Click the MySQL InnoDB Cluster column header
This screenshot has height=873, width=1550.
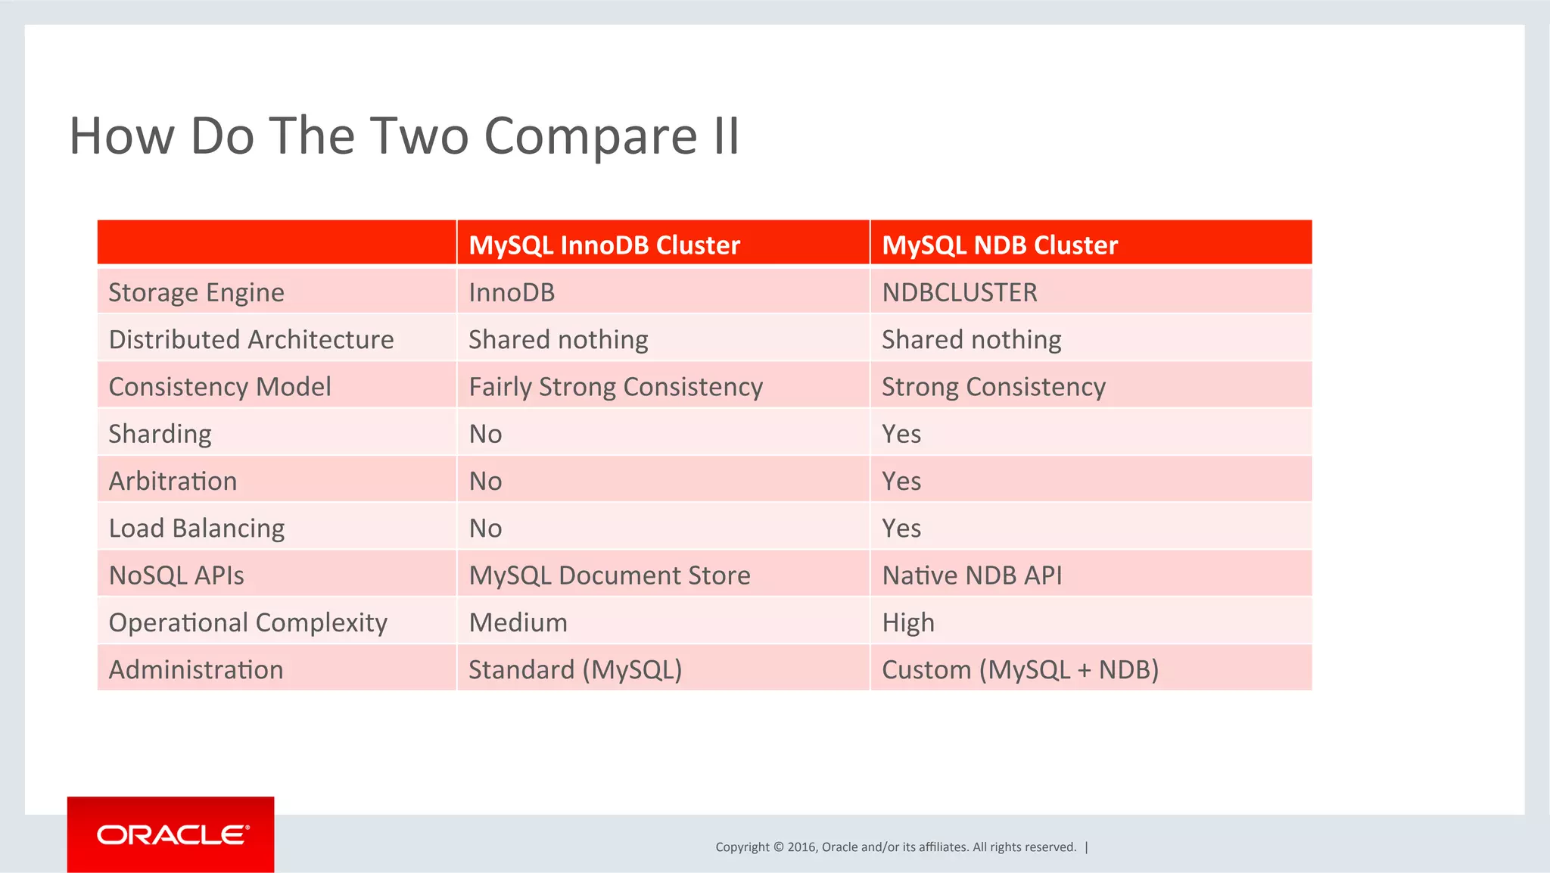tap(604, 245)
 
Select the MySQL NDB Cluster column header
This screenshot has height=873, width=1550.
tap(999, 245)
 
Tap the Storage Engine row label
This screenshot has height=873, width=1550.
tap(196, 292)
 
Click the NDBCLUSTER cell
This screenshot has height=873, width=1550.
tap(959, 292)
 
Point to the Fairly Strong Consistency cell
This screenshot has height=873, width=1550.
tap(615, 387)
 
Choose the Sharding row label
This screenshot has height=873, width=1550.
tap(160, 434)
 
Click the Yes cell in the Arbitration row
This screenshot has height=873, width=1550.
tap(901, 481)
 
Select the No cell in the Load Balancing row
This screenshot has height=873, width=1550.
tap(485, 528)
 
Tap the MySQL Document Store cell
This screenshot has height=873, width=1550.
tap(609, 575)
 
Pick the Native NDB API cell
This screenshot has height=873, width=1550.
tap(972, 575)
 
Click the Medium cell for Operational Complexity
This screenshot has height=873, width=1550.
tap(518, 622)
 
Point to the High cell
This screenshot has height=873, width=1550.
tap(907, 622)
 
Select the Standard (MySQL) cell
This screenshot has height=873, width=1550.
tap(575, 670)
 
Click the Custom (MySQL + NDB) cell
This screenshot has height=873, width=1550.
tap(1019, 670)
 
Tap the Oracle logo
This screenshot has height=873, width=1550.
tap(171, 834)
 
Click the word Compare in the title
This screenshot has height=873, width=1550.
tap(590, 136)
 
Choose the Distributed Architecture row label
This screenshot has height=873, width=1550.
tap(251, 339)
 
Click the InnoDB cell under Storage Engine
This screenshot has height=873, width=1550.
tap(512, 292)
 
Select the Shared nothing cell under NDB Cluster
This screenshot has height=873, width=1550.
tap(971, 339)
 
